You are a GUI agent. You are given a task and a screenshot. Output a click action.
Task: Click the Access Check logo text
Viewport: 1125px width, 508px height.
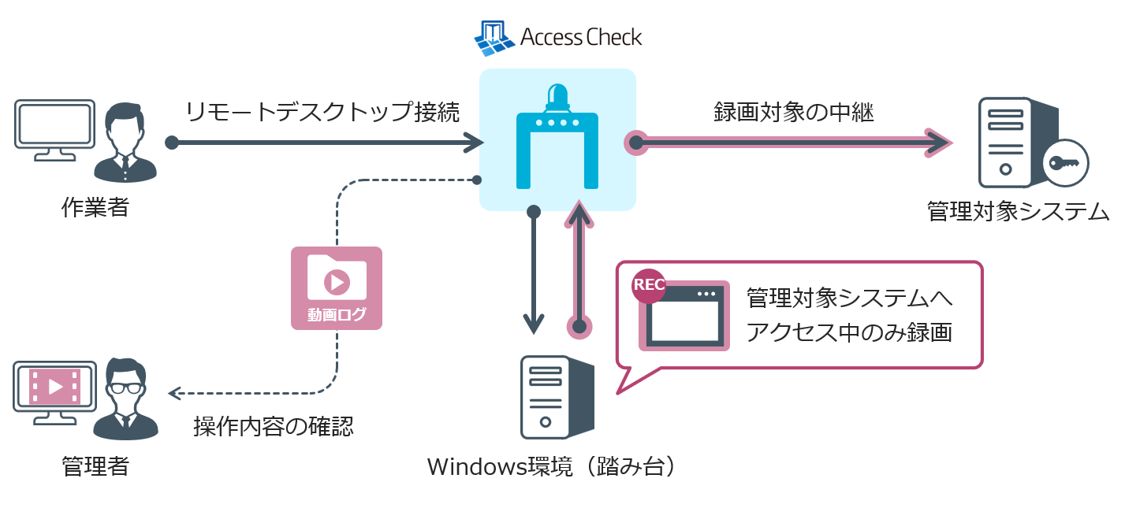(580, 37)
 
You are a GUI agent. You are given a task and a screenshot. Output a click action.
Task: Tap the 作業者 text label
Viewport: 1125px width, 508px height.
(95, 208)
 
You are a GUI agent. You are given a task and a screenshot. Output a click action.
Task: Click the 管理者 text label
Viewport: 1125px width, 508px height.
(95, 467)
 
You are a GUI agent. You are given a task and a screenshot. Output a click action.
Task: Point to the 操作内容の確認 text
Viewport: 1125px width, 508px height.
(274, 426)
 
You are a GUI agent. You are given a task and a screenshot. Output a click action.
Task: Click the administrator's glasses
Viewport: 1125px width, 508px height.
(125, 387)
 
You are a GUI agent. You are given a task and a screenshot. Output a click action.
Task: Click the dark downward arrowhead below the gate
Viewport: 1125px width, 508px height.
(534, 323)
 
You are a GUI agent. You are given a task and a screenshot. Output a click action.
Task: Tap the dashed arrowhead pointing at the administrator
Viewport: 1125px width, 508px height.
(176, 392)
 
